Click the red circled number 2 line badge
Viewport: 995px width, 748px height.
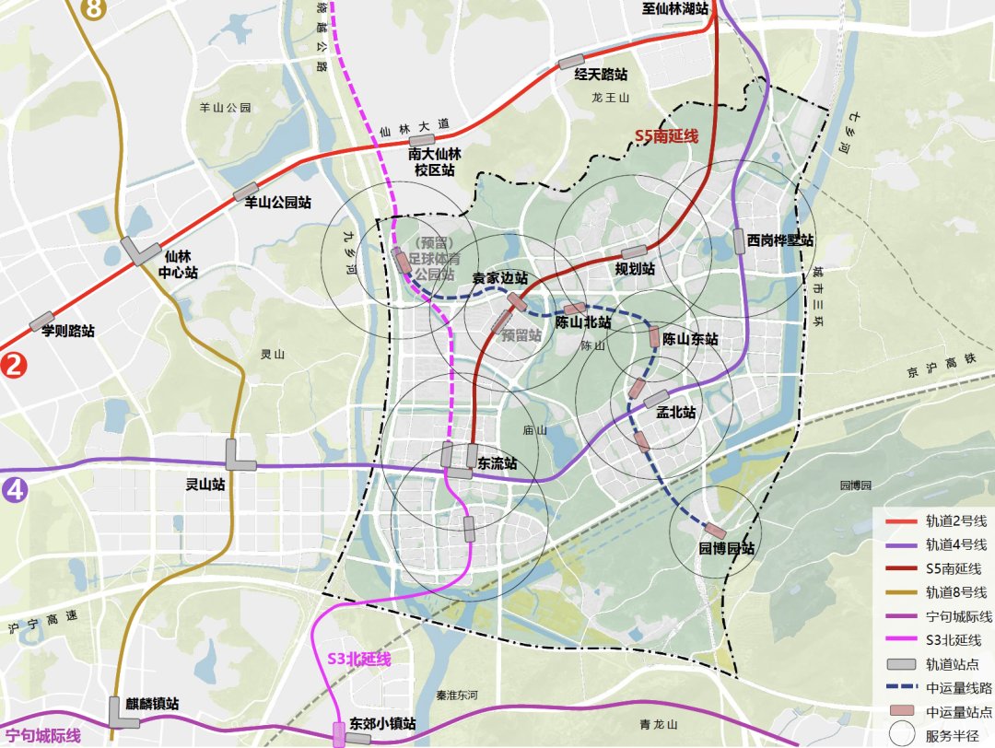click(x=14, y=365)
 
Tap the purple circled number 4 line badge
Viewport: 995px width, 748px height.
click(x=14, y=489)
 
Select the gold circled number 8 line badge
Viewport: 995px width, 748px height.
click(x=94, y=8)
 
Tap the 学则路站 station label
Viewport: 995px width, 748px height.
click(x=68, y=330)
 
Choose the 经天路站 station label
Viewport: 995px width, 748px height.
click(x=601, y=75)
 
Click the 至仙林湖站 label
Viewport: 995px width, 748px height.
click(x=674, y=8)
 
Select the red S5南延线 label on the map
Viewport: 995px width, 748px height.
click(x=666, y=136)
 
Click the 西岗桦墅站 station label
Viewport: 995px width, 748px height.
click(x=780, y=240)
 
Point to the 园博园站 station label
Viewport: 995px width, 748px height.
click(x=726, y=548)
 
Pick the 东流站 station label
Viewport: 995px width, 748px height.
click(x=497, y=463)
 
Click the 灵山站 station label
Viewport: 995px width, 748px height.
click(x=205, y=485)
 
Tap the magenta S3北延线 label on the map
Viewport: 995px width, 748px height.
click(x=359, y=660)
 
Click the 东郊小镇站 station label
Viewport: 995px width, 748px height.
click(x=383, y=724)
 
